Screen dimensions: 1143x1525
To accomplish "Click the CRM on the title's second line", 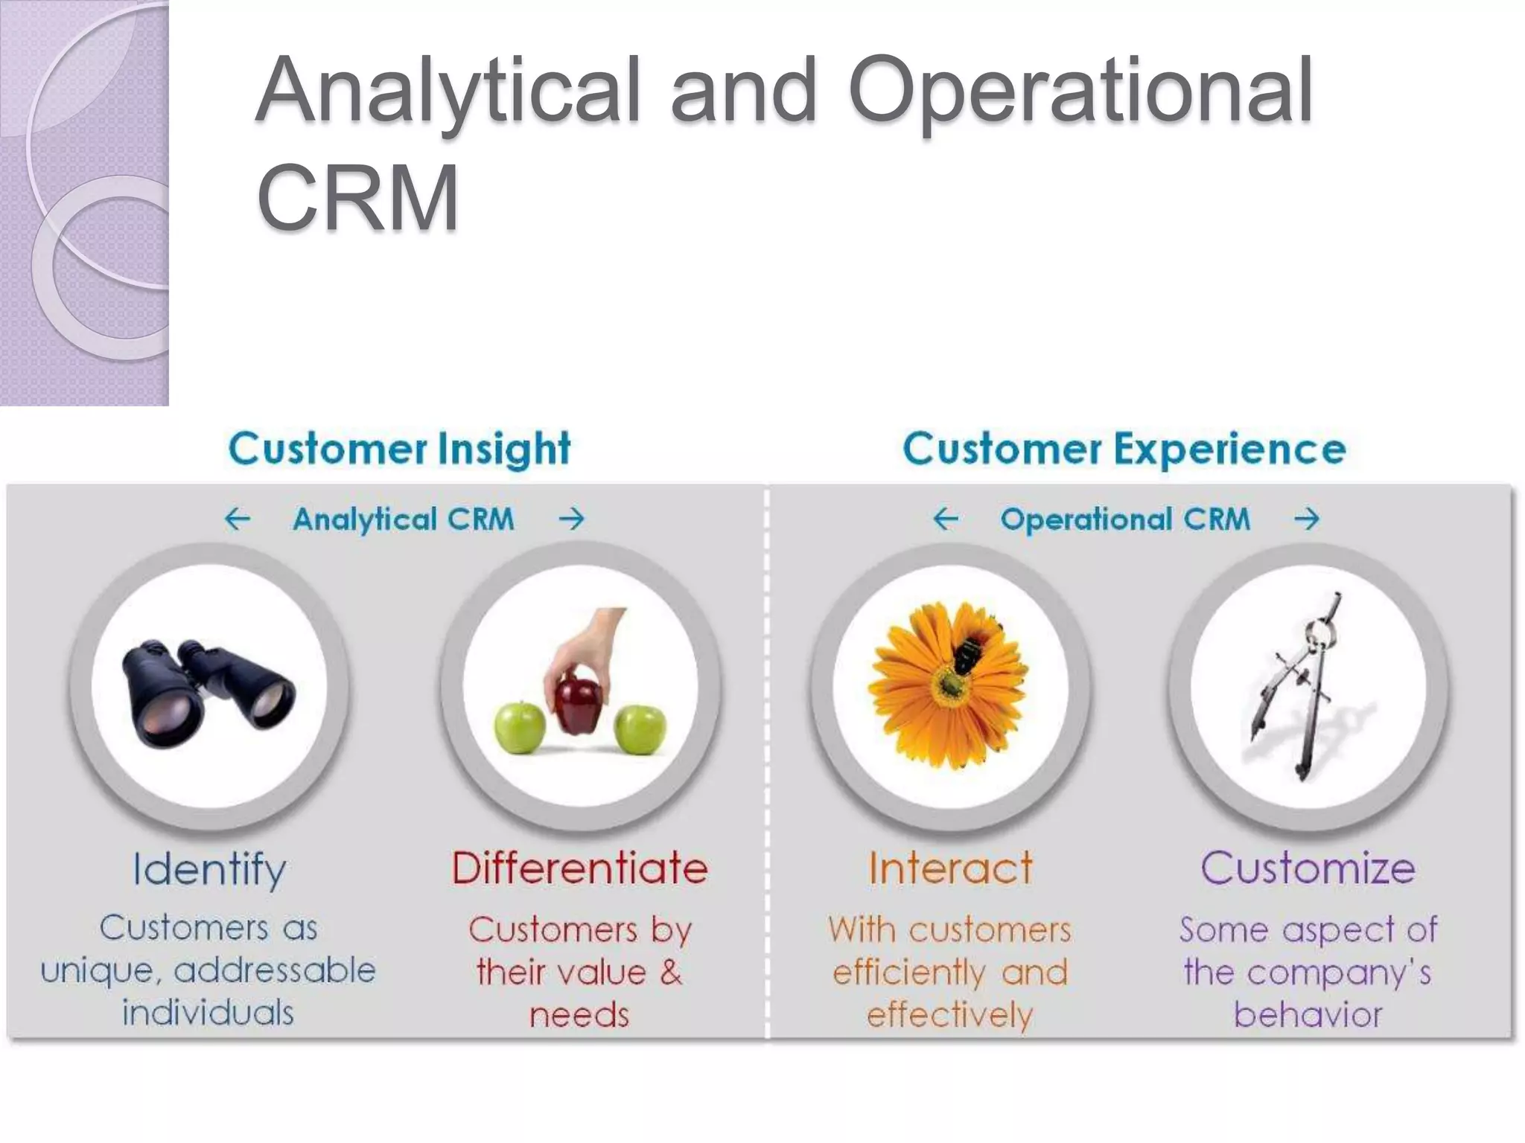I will (x=357, y=199).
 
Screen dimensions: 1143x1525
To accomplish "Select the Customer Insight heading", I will (x=400, y=449).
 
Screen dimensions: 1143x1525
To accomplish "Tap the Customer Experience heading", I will (x=1124, y=449).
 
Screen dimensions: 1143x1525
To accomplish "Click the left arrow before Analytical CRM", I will (x=238, y=519).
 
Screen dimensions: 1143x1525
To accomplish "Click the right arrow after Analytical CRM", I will (x=572, y=519).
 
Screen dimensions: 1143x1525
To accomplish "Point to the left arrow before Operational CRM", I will (x=946, y=519).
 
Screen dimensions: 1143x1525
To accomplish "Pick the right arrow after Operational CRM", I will (x=1307, y=519).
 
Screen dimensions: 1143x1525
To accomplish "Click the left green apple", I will (x=520, y=728).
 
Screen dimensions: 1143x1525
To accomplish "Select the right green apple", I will (x=640, y=729).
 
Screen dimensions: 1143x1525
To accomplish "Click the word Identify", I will (x=209, y=869).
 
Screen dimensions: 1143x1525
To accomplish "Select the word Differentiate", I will (x=579, y=868).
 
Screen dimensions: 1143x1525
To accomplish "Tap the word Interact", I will (x=950, y=868).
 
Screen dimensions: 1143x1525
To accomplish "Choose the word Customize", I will (x=1308, y=868).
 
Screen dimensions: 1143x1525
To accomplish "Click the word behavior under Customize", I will (x=1308, y=1015).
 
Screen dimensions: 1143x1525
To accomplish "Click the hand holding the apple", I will (x=588, y=640).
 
